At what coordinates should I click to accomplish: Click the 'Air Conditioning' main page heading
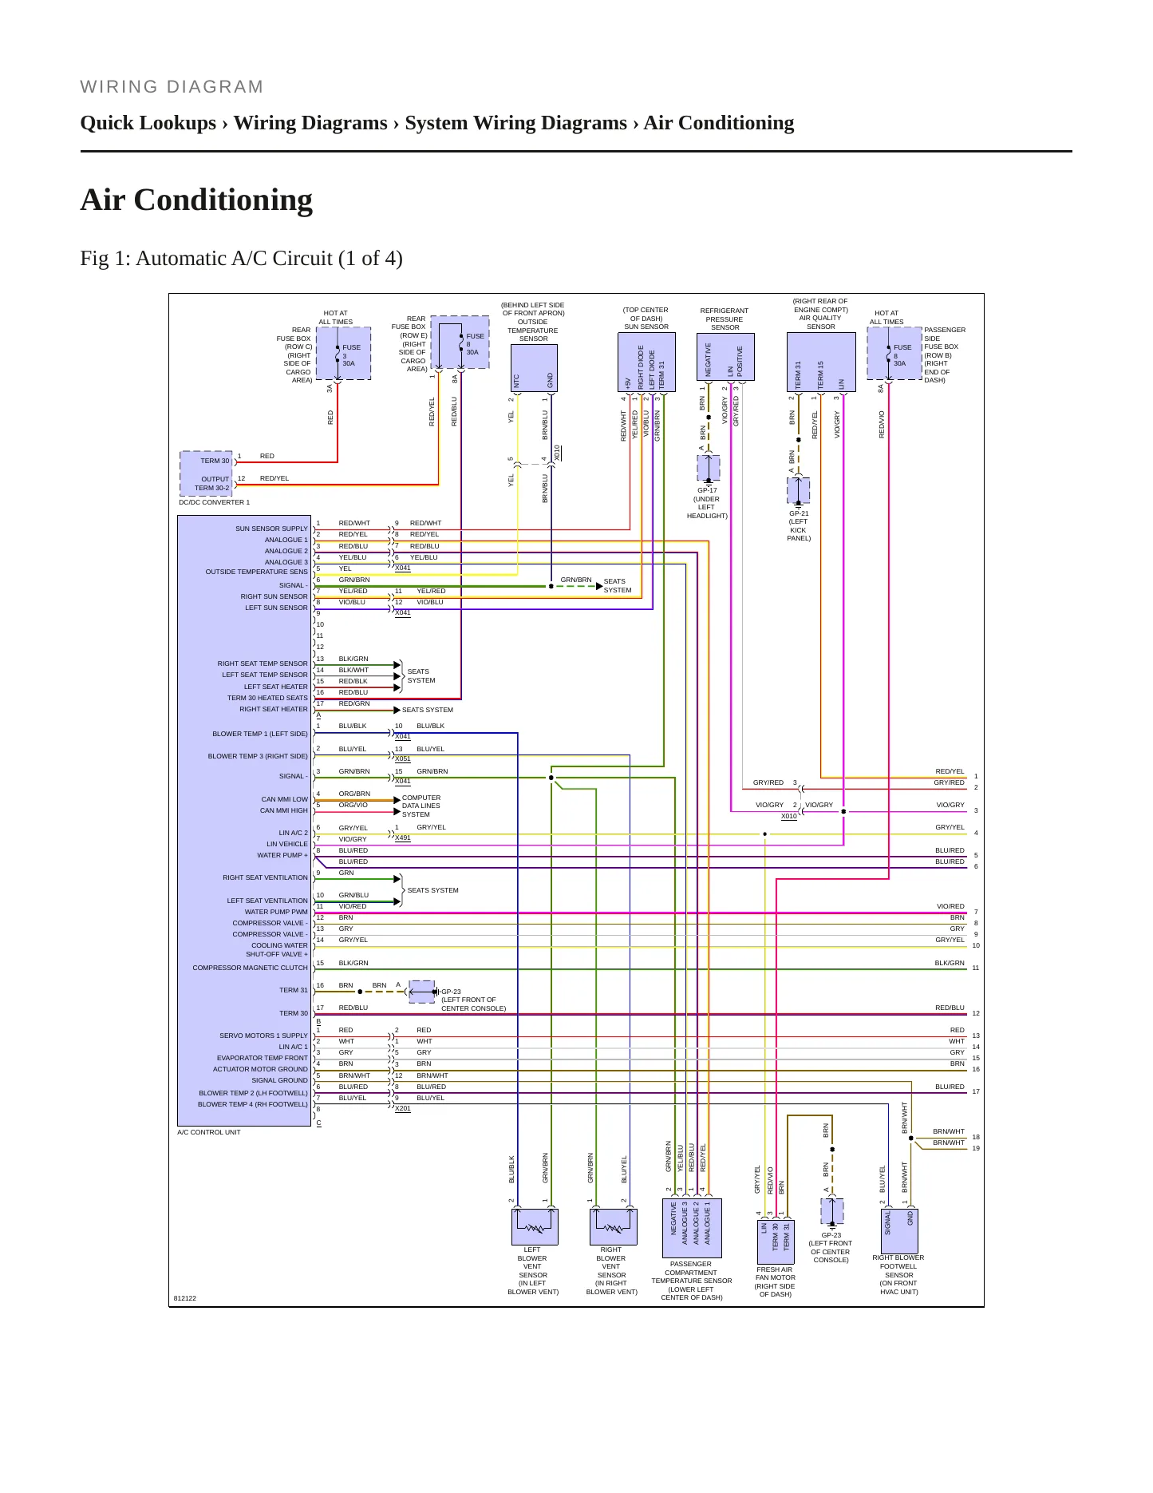pyautogui.click(x=196, y=200)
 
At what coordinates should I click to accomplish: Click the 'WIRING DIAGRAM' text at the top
pyautogui.click(x=172, y=87)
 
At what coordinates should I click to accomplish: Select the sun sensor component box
pyautogui.click(x=646, y=362)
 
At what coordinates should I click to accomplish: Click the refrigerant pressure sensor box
pyautogui.click(x=725, y=357)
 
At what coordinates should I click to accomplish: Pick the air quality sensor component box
pyautogui.click(x=821, y=362)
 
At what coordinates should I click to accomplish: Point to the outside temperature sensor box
pyautogui.click(x=534, y=368)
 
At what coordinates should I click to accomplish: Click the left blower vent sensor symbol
pyautogui.click(x=535, y=1226)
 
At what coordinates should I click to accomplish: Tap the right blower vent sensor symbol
pyautogui.click(x=614, y=1226)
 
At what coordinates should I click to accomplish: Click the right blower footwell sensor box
pyautogui.click(x=899, y=1231)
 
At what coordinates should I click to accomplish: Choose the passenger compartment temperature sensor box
pyautogui.click(x=691, y=1228)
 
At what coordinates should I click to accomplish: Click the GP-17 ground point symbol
pyautogui.click(x=709, y=468)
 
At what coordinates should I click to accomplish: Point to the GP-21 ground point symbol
pyautogui.click(x=799, y=490)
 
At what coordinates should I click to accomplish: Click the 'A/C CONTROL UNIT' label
pyautogui.click(x=209, y=1132)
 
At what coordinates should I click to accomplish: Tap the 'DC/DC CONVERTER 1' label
pyautogui.click(x=214, y=502)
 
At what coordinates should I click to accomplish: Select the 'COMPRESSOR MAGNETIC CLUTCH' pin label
pyautogui.click(x=250, y=968)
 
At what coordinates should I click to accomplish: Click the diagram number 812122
pyautogui.click(x=185, y=1298)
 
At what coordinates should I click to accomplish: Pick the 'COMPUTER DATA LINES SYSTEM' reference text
pyautogui.click(x=421, y=806)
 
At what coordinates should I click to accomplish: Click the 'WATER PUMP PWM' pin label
pyautogui.click(x=276, y=912)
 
